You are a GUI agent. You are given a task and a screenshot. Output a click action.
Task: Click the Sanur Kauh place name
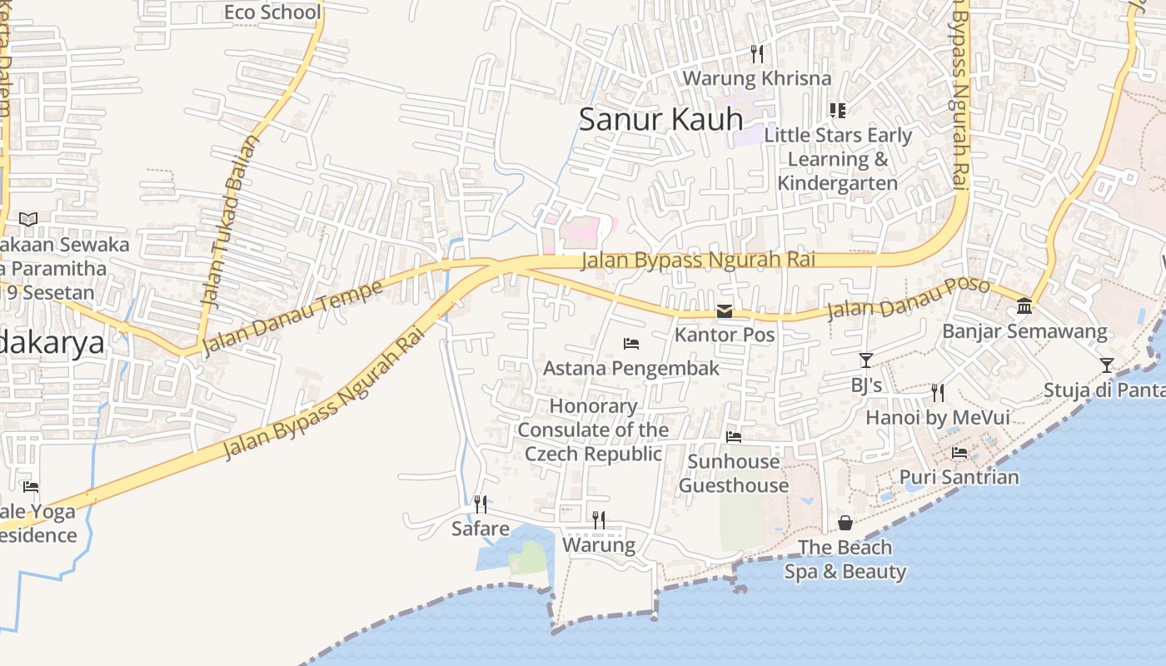pyautogui.click(x=660, y=119)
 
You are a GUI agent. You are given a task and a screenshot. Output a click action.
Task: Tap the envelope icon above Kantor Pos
pyautogui.click(x=725, y=311)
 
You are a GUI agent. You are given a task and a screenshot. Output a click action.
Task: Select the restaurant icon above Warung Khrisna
pyautogui.click(x=757, y=54)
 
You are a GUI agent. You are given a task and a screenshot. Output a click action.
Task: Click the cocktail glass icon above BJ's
pyautogui.click(x=866, y=360)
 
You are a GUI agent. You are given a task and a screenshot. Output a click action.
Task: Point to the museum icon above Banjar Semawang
pyautogui.click(x=1024, y=306)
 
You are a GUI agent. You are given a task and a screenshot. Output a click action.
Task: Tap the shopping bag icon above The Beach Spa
pyautogui.click(x=845, y=523)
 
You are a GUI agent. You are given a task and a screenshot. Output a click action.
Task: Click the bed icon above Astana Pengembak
pyautogui.click(x=631, y=343)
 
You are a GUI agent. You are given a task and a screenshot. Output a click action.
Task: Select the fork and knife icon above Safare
pyautogui.click(x=481, y=504)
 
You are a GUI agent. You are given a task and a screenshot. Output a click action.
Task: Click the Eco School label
pyautogui.click(x=272, y=12)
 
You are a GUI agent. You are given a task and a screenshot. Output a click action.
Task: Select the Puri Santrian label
pyautogui.click(x=959, y=477)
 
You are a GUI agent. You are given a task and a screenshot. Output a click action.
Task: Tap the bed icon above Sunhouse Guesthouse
pyautogui.click(x=734, y=436)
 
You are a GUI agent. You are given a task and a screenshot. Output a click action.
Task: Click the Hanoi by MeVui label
pyautogui.click(x=938, y=417)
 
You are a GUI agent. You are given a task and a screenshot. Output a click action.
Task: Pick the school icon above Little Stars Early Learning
pyautogui.click(x=838, y=110)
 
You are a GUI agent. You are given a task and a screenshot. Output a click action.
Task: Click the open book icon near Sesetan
pyautogui.click(x=28, y=219)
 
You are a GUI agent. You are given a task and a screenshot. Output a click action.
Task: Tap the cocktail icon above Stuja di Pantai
pyautogui.click(x=1106, y=365)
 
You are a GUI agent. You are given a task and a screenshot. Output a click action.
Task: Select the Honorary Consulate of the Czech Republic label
pyautogui.click(x=593, y=430)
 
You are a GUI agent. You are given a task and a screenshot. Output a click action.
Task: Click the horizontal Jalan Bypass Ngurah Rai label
pyautogui.click(x=697, y=260)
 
